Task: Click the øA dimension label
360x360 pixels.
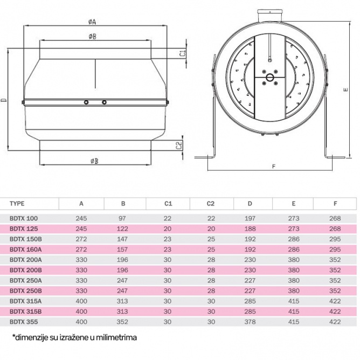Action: coord(92,22)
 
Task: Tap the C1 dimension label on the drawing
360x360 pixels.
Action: coord(183,53)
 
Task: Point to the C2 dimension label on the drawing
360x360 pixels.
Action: coord(178,145)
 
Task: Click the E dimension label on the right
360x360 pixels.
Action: coord(346,90)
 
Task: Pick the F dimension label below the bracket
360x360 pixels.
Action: coord(273,167)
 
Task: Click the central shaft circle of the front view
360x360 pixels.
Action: coord(269,77)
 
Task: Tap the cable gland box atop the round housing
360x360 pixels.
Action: coord(270,16)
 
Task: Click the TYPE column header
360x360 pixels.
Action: coord(17,204)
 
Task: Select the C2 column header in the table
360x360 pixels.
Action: coord(210,204)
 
